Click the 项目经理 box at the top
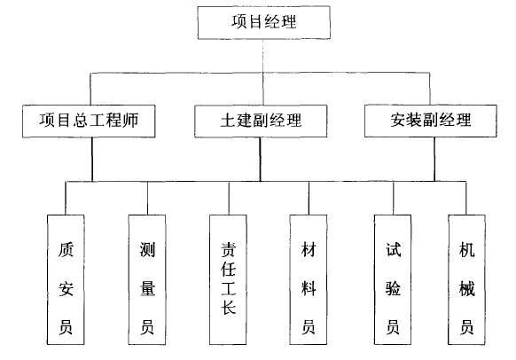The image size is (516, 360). [x=263, y=22]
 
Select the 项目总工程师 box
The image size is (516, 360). [x=89, y=121]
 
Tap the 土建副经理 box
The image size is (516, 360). [x=261, y=121]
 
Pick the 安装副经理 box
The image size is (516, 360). [x=431, y=121]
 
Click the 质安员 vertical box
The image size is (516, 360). [x=66, y=279]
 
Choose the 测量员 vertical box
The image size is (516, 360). [x=147, y=279]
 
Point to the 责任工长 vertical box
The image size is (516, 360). [x=228, y=279]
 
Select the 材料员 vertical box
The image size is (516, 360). [x=309, y=279]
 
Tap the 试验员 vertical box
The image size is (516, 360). [x=393, y=279]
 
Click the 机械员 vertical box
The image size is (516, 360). [x=466, y=279]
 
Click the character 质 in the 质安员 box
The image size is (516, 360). [x=66, y=249]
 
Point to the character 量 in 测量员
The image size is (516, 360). [x=147, y=288]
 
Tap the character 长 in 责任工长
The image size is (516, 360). [x=229, y=307]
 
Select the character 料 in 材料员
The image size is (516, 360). [x=309, y=288]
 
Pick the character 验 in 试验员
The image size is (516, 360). [x=393, y=288]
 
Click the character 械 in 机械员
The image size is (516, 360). [x=467, y=288]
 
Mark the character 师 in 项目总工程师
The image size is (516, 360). [x=130, y=120]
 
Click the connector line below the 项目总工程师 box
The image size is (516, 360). [x=92, y=160]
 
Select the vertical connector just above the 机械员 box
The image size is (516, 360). [x=466, y=198]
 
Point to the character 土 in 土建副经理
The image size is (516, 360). [x=228, y=121]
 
